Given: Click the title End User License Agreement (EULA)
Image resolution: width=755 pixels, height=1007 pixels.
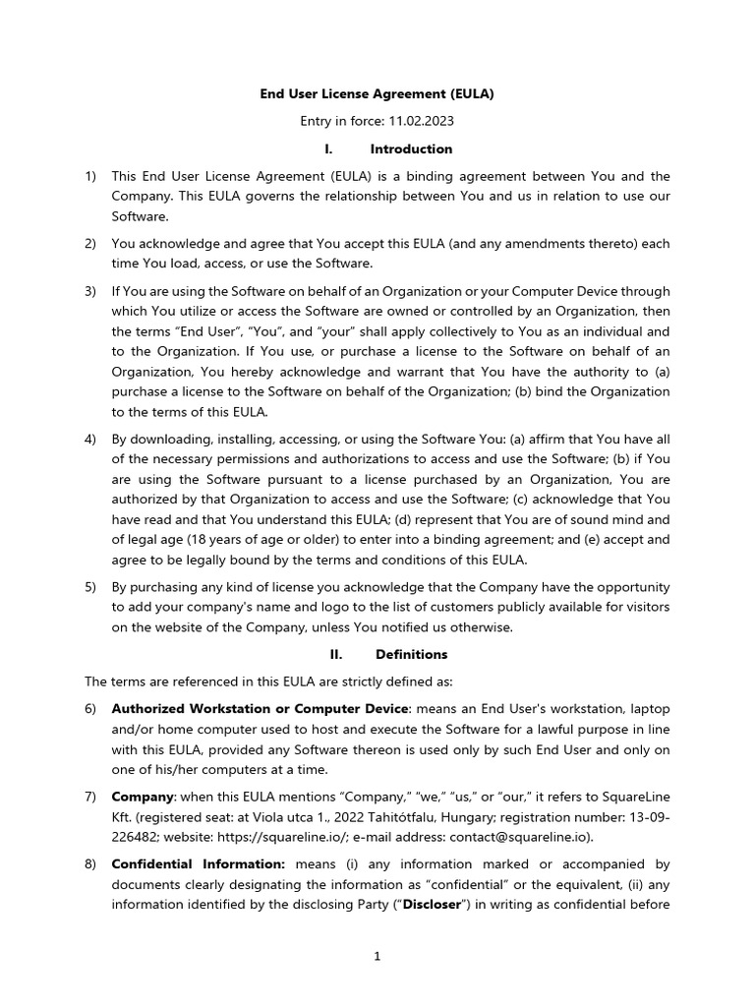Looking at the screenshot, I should click(x=377, y=94).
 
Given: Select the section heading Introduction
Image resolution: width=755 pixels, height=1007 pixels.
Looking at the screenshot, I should click(x=411, y=149).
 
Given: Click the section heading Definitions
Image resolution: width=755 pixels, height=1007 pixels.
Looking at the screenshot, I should click(x=411, y=654).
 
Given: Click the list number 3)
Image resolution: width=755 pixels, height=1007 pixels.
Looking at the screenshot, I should click(x=90, y=291).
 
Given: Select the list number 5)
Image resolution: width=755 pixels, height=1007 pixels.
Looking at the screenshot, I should click(x=90, y=586).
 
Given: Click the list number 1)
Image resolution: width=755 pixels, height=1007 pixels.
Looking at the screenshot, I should click(x=90, y=176).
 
